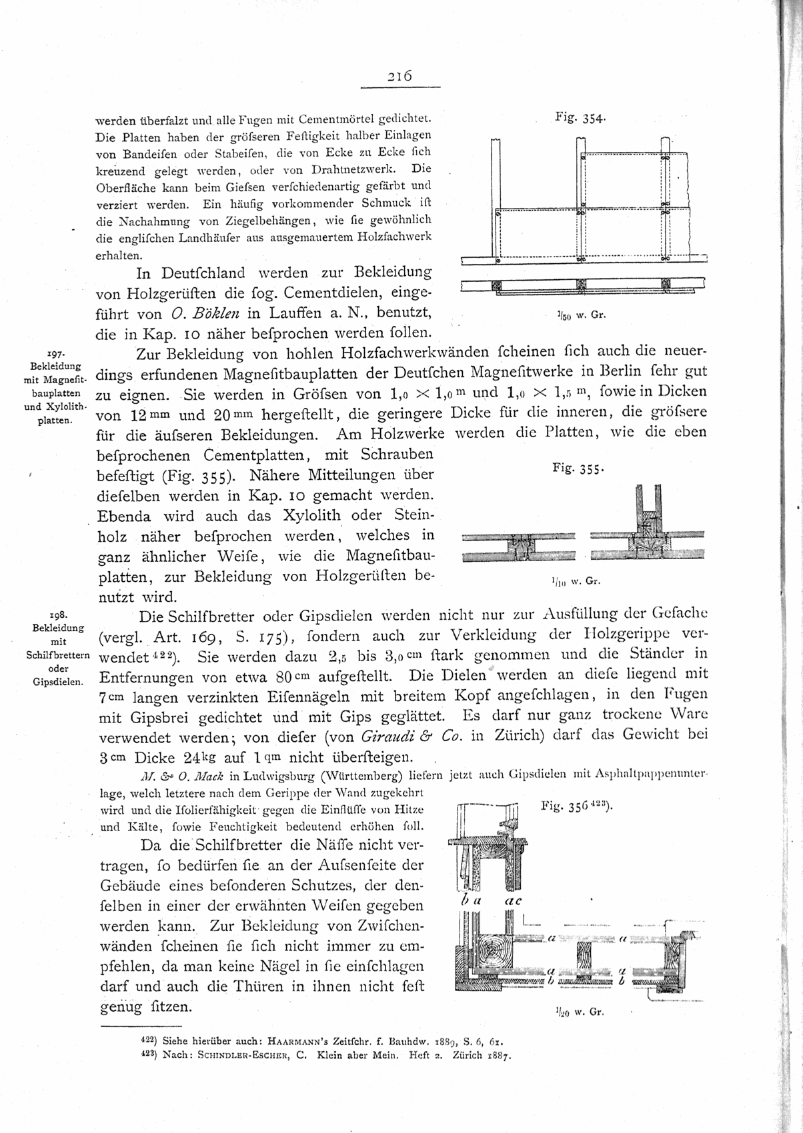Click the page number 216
coord(400,76)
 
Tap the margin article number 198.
coord(57,614)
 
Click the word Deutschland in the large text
coord(205,273)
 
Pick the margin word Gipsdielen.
coord(57,682)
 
